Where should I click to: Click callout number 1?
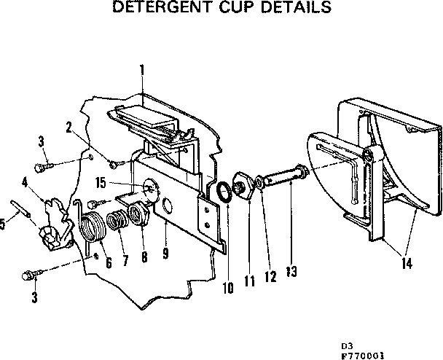[142, 71]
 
